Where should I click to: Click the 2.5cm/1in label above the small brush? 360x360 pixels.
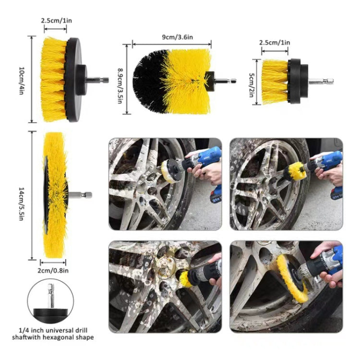[x=275, y=43]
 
